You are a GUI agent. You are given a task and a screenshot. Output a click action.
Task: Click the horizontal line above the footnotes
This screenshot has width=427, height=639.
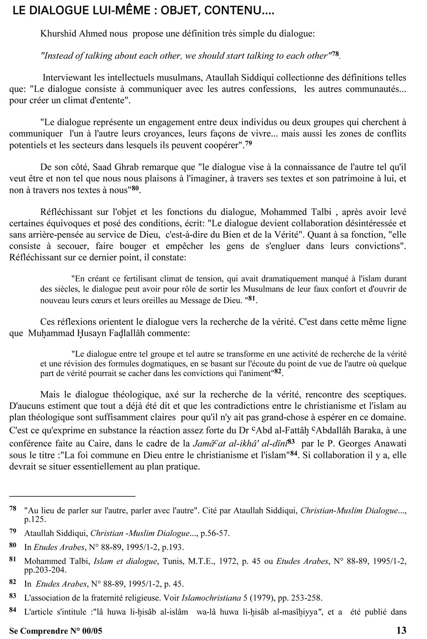click(x=72, y=496)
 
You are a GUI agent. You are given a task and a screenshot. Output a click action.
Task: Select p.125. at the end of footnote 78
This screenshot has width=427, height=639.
click(x=35, y=519)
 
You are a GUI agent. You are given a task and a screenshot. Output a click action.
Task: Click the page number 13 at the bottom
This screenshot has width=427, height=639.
click(x=401, y=630)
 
